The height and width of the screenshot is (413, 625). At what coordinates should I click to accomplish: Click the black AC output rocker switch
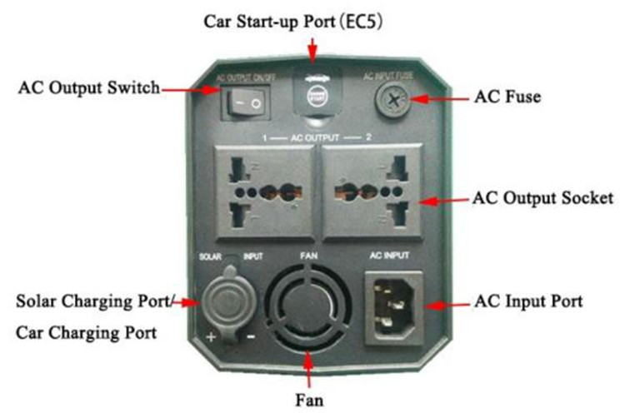(x=245, y=104)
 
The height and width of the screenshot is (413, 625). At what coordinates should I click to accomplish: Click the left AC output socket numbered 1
(x=264, y=191)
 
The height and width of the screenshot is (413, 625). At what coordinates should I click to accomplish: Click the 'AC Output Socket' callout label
(x=542, y=199)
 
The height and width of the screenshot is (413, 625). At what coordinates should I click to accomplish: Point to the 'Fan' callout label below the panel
(x=307, y=397)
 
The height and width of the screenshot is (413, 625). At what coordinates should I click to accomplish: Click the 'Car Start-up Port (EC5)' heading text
(x=312, y=21)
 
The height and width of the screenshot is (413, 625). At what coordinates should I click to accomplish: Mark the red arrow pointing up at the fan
(x=309, y=367)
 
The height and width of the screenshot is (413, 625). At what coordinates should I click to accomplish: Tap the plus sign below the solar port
(x=212, y=337)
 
